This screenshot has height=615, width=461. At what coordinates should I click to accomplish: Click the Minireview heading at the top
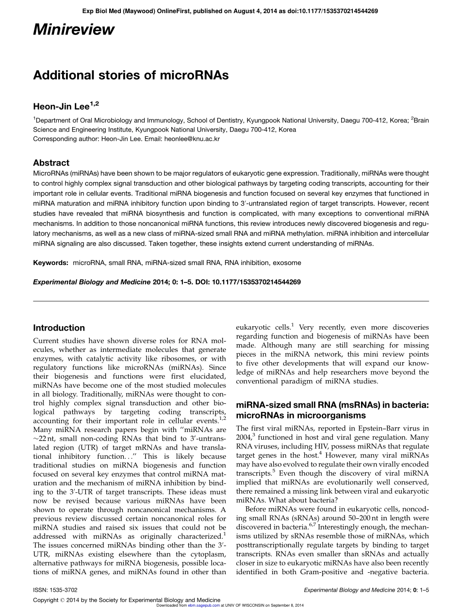click(x=74, y=30)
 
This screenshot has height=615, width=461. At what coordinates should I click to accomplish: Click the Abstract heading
click(x=51, y=163)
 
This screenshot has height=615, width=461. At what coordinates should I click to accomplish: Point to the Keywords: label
click(x=50, y=263)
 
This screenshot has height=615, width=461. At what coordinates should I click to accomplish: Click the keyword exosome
click(x=287, y=263)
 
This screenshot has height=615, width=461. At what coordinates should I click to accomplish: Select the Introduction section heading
click(x=59, y=328)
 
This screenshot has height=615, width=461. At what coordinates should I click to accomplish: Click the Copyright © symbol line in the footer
click(x=126, y=600)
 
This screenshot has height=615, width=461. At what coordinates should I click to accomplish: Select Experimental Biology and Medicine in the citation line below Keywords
click(x=91, y=282)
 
